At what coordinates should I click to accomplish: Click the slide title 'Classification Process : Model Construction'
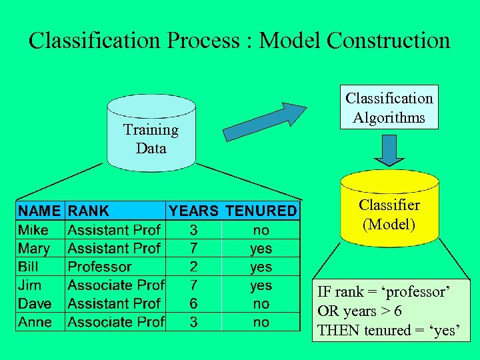(239, 41)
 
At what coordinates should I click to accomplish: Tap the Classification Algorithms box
(389, 107)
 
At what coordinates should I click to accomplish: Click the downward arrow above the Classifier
(389, 149)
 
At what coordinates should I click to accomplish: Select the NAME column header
(39, 211)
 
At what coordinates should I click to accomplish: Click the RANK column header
(89, 211)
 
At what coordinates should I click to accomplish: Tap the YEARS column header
(193, 211)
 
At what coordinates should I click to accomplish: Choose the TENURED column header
(261, 211)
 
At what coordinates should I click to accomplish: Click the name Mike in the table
(33, 230)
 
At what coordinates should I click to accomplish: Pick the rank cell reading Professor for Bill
(100, 267)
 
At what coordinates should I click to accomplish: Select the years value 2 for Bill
(193, 267)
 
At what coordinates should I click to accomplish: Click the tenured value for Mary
(261, 249)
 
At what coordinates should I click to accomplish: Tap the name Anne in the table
(35, 322)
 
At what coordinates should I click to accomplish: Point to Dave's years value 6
(193, 303)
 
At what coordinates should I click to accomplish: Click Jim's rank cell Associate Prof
(116, 285)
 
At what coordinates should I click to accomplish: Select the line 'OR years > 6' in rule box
(359, 311)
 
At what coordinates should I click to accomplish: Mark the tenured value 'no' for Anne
(261, 322)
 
